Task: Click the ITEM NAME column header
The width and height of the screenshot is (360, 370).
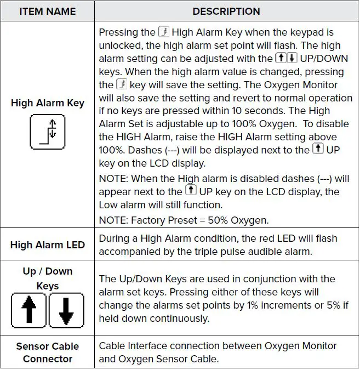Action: click(x=47, y=11)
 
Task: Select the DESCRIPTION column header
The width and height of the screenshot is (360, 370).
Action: click(x=226, y=11)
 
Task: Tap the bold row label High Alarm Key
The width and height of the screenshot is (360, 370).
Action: click(x=47, y=103)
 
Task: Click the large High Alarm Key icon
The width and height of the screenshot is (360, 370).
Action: click(x=47, y=132)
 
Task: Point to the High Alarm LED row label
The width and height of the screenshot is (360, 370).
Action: click(x=47, y=244)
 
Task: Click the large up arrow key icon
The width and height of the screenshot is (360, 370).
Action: click(x=29, y=310)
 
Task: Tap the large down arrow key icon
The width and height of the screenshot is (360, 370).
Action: click(x=66, y=310)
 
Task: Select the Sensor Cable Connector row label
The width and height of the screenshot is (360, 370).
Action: click(x=47, y=352)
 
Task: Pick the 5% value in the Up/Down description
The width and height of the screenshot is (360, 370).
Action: click(x=323, y=305)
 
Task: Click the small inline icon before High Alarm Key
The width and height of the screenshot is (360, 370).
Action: click(x=163, y=32)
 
